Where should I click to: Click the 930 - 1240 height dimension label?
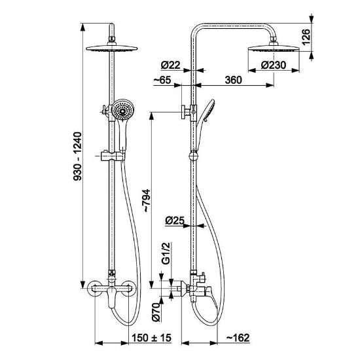tap(77, 156)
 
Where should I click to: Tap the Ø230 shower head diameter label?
tap(274, 65)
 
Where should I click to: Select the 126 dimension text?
tap(306, 37)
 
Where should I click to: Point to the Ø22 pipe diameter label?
tap(170, 65)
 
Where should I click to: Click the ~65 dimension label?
tap(162, 80)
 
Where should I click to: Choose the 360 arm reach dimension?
tap(233, 80)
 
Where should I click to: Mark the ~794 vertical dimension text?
tap(146, 200)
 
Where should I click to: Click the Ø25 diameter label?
tap(175, 221)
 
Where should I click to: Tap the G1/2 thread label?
tap(166, 253)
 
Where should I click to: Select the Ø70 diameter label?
tap(156, 312)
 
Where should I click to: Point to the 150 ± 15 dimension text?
tap(151, 338)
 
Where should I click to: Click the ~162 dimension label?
tap(238, 338)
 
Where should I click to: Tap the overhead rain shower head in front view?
tap(112, 48)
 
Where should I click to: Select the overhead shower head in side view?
tap(274, 48)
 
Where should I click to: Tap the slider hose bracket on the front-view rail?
tap(113, 156)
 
